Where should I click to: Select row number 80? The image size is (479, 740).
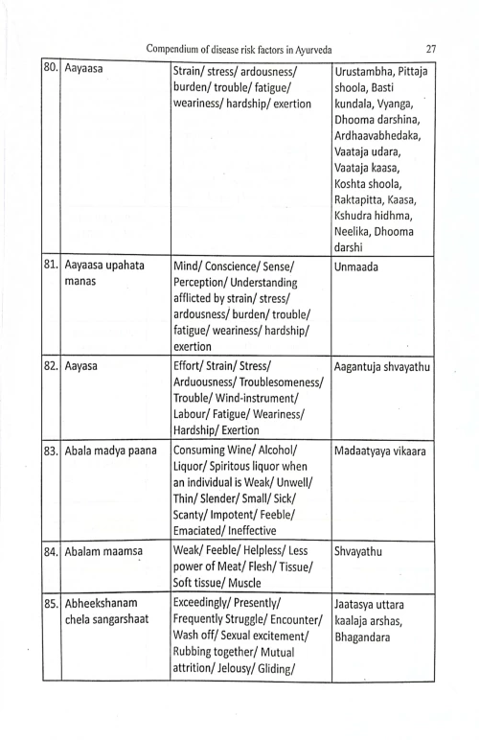point(51,71)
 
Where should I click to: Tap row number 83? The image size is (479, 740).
point(51,451)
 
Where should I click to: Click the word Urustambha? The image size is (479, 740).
point(372,71)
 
